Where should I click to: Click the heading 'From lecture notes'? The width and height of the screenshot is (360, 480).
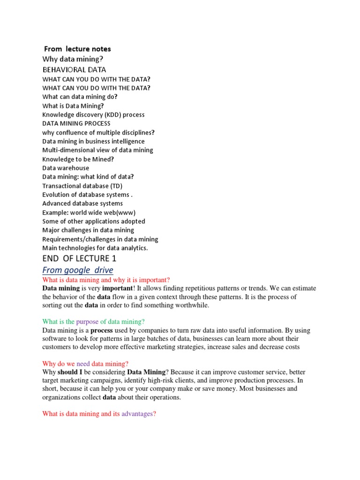tap(77, 49)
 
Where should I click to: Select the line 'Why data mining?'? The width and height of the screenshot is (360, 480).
tap(73, 59)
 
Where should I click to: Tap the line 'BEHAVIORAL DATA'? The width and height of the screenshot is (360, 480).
tap(74, 69)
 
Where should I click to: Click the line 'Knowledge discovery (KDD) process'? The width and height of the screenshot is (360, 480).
tap(93, 114)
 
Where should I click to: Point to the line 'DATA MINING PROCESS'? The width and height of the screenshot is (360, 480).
tap(76, 123)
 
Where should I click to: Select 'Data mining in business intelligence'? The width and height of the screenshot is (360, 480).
tap(93, 141)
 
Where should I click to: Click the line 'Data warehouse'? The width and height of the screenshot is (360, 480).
tap(66, 168)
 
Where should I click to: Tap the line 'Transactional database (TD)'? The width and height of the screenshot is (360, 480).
tap(83, 186)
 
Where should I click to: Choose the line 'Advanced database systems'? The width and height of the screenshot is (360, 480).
tap(82, 203)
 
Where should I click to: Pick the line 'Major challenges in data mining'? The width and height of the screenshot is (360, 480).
tap(88, 230)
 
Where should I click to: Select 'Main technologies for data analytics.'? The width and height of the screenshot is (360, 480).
tap(95, 248)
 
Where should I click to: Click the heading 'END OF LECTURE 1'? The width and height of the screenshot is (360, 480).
tap(79, 258)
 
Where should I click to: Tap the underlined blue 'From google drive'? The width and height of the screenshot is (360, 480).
tap(78, 270)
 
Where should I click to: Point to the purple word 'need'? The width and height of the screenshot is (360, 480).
tap(83, 363)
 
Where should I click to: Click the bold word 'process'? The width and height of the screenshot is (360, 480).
tap(102, 330)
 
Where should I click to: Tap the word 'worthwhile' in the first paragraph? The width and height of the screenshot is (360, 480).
tap(192, 305)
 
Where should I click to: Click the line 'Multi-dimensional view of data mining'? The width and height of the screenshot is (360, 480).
tap(97, 150)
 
